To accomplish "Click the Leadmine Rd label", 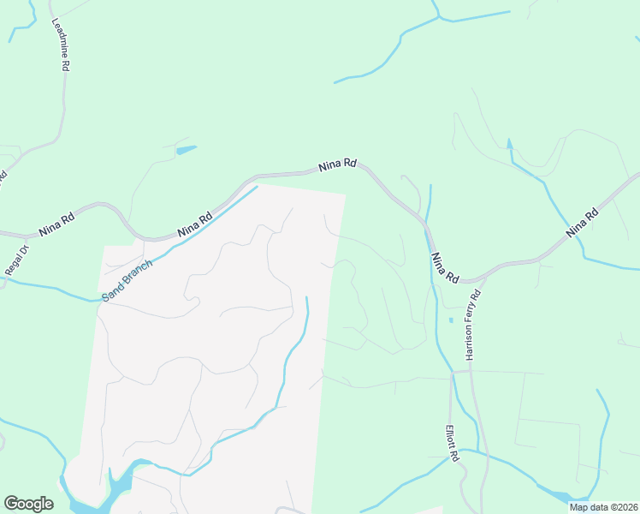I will click(61, 45).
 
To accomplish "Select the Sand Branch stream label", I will click(127, 280).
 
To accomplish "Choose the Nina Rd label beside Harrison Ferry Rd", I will click(445, 268).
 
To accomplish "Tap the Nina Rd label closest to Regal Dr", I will click(56, 225).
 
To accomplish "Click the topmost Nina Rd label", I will click(337, 165).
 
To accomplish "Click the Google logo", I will click(28, 504).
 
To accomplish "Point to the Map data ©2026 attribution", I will click(603, 507).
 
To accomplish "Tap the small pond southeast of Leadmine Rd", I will click(186, 150).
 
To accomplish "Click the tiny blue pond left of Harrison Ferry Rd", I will click(451, 320).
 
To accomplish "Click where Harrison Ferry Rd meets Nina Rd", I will click(470, 280).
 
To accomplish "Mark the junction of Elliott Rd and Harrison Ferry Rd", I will click(469, 373).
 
